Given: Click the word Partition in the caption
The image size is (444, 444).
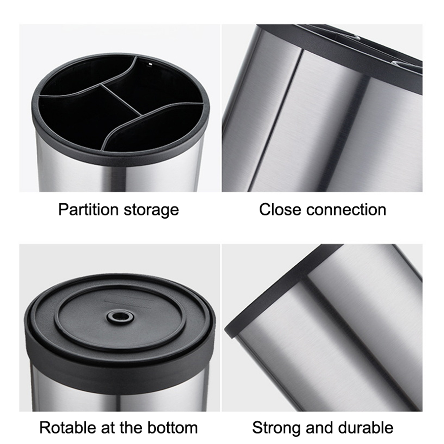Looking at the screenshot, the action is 88,210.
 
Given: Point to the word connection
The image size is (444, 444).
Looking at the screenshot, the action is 346,210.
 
